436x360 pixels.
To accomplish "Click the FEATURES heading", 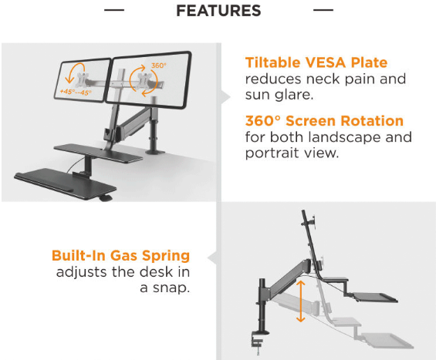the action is pos(218,11).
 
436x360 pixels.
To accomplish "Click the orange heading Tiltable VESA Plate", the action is pos(316,62).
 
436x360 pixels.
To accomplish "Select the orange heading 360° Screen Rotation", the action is pos(324,121).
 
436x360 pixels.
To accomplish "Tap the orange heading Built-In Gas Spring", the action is pos(120,256).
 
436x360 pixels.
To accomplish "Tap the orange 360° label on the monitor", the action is pos(159,66).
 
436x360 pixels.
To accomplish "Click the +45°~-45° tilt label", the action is pos(76,92).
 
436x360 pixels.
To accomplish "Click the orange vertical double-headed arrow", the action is pos(301,301).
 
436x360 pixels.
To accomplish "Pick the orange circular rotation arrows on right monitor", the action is pos(144,80).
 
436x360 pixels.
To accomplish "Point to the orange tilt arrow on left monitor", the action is pos(75,72).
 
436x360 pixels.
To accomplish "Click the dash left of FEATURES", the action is pos(114,10).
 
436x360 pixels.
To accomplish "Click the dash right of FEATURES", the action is pos(323,10).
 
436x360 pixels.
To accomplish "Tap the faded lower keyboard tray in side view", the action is pos(387,341).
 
